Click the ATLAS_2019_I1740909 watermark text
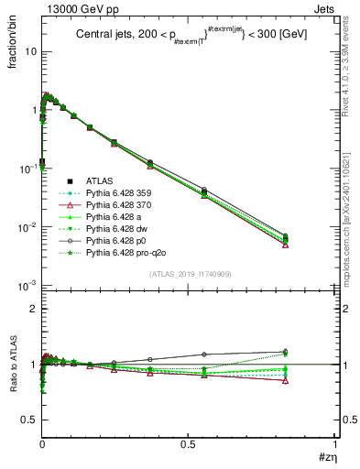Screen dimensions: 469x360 [x=190, y=276]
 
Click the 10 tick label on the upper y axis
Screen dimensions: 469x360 [x=30, y=51]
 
